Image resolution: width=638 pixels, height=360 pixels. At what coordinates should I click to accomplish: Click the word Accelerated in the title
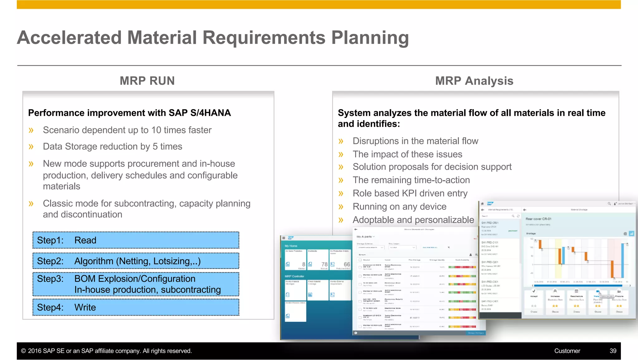coord(69,38)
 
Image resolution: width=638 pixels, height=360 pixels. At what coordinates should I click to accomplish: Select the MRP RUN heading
coord(147,81)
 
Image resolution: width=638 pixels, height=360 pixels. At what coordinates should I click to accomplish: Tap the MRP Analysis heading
coord(474,81)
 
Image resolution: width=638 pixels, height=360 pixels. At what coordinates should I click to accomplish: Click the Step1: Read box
coord(136,240)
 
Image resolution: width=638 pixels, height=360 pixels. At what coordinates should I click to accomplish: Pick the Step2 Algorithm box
coord(136,261)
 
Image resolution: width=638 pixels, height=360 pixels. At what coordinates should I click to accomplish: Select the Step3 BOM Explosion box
coord(136,284)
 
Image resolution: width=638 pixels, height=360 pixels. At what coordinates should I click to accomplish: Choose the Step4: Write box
coord(136,307)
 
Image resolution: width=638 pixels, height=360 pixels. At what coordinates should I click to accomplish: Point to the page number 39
coord(613,351)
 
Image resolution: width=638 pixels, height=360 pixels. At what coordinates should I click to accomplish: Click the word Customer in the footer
coord(567,351)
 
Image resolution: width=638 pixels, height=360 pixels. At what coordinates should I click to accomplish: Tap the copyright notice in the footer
coord(106,351)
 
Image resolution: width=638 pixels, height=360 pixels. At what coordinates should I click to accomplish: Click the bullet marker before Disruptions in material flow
coord(341,141)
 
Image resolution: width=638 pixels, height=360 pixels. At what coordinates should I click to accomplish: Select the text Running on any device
coord(399,207)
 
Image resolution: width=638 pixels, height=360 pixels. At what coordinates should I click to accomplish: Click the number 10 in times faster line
coord(156,130)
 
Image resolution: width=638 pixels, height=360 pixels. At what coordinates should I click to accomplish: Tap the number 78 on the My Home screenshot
coord(324,264)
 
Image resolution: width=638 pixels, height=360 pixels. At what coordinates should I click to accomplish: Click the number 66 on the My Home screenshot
coord(347,264)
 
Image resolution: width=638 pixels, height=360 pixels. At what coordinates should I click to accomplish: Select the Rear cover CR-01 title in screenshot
coord(538,219)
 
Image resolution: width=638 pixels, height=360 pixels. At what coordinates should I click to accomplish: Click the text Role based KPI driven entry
coord(410,194)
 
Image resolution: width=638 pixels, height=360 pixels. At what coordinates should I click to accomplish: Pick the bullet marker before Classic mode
coord(31,204)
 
